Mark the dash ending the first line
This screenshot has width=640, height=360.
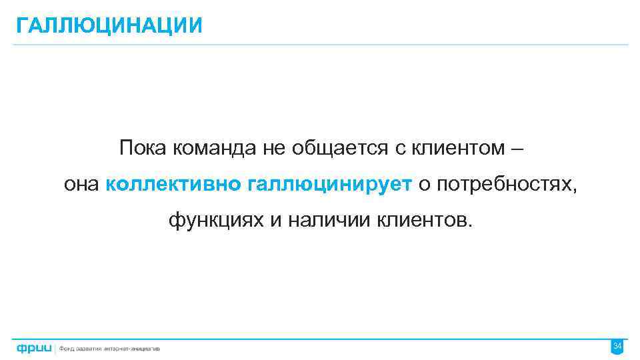[x=517, y=149]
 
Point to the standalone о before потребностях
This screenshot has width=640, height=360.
[x=424, y=185]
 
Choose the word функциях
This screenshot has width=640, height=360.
[x=216, y=220]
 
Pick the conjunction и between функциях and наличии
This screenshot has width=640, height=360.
[x=276, y=220]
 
